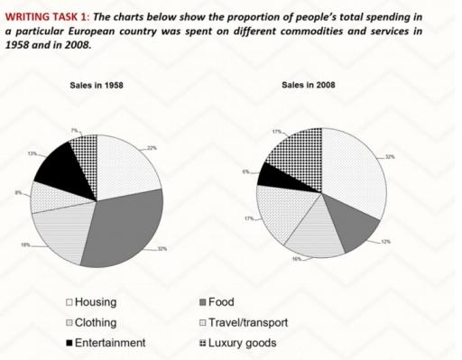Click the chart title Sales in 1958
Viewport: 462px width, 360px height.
point(97,86)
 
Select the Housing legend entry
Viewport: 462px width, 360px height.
point(94,302)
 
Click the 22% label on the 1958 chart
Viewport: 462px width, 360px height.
point(152,147)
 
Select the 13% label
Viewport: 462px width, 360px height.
point(32,154)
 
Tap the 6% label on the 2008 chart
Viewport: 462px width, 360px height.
point(245,171)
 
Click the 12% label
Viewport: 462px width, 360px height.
point(386,242)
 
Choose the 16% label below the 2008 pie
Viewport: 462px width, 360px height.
point(296,260)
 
